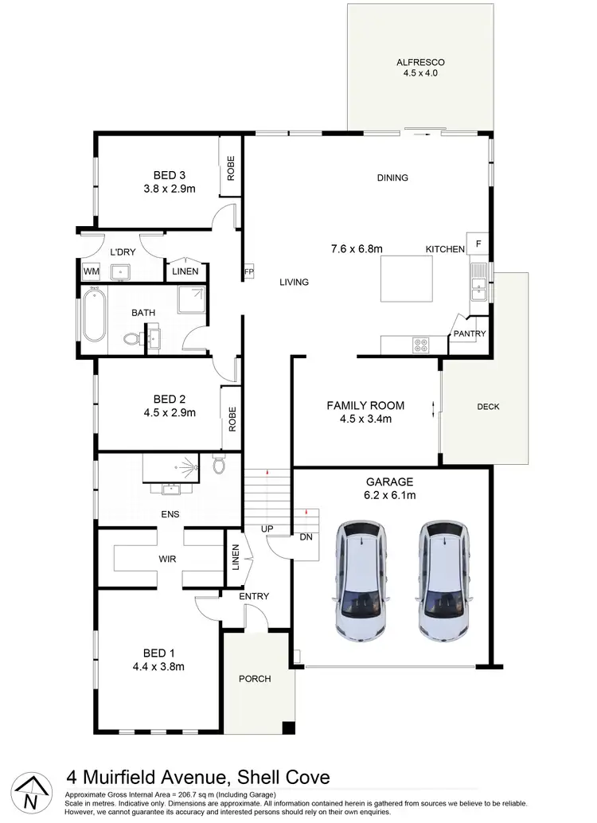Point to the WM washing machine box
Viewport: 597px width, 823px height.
pos(91,272)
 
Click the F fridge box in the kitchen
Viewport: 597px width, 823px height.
pos(479,243)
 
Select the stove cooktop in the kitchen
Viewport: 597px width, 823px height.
pos(420,345)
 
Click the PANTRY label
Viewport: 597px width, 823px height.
pos(470,334)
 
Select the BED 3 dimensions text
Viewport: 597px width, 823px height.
pos(170,189)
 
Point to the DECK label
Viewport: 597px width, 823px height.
pos(488,407)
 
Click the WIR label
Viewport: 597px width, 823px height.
pos(166,560)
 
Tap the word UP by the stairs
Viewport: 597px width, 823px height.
pos(268,529)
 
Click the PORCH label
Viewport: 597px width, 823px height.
pos(255,679)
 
